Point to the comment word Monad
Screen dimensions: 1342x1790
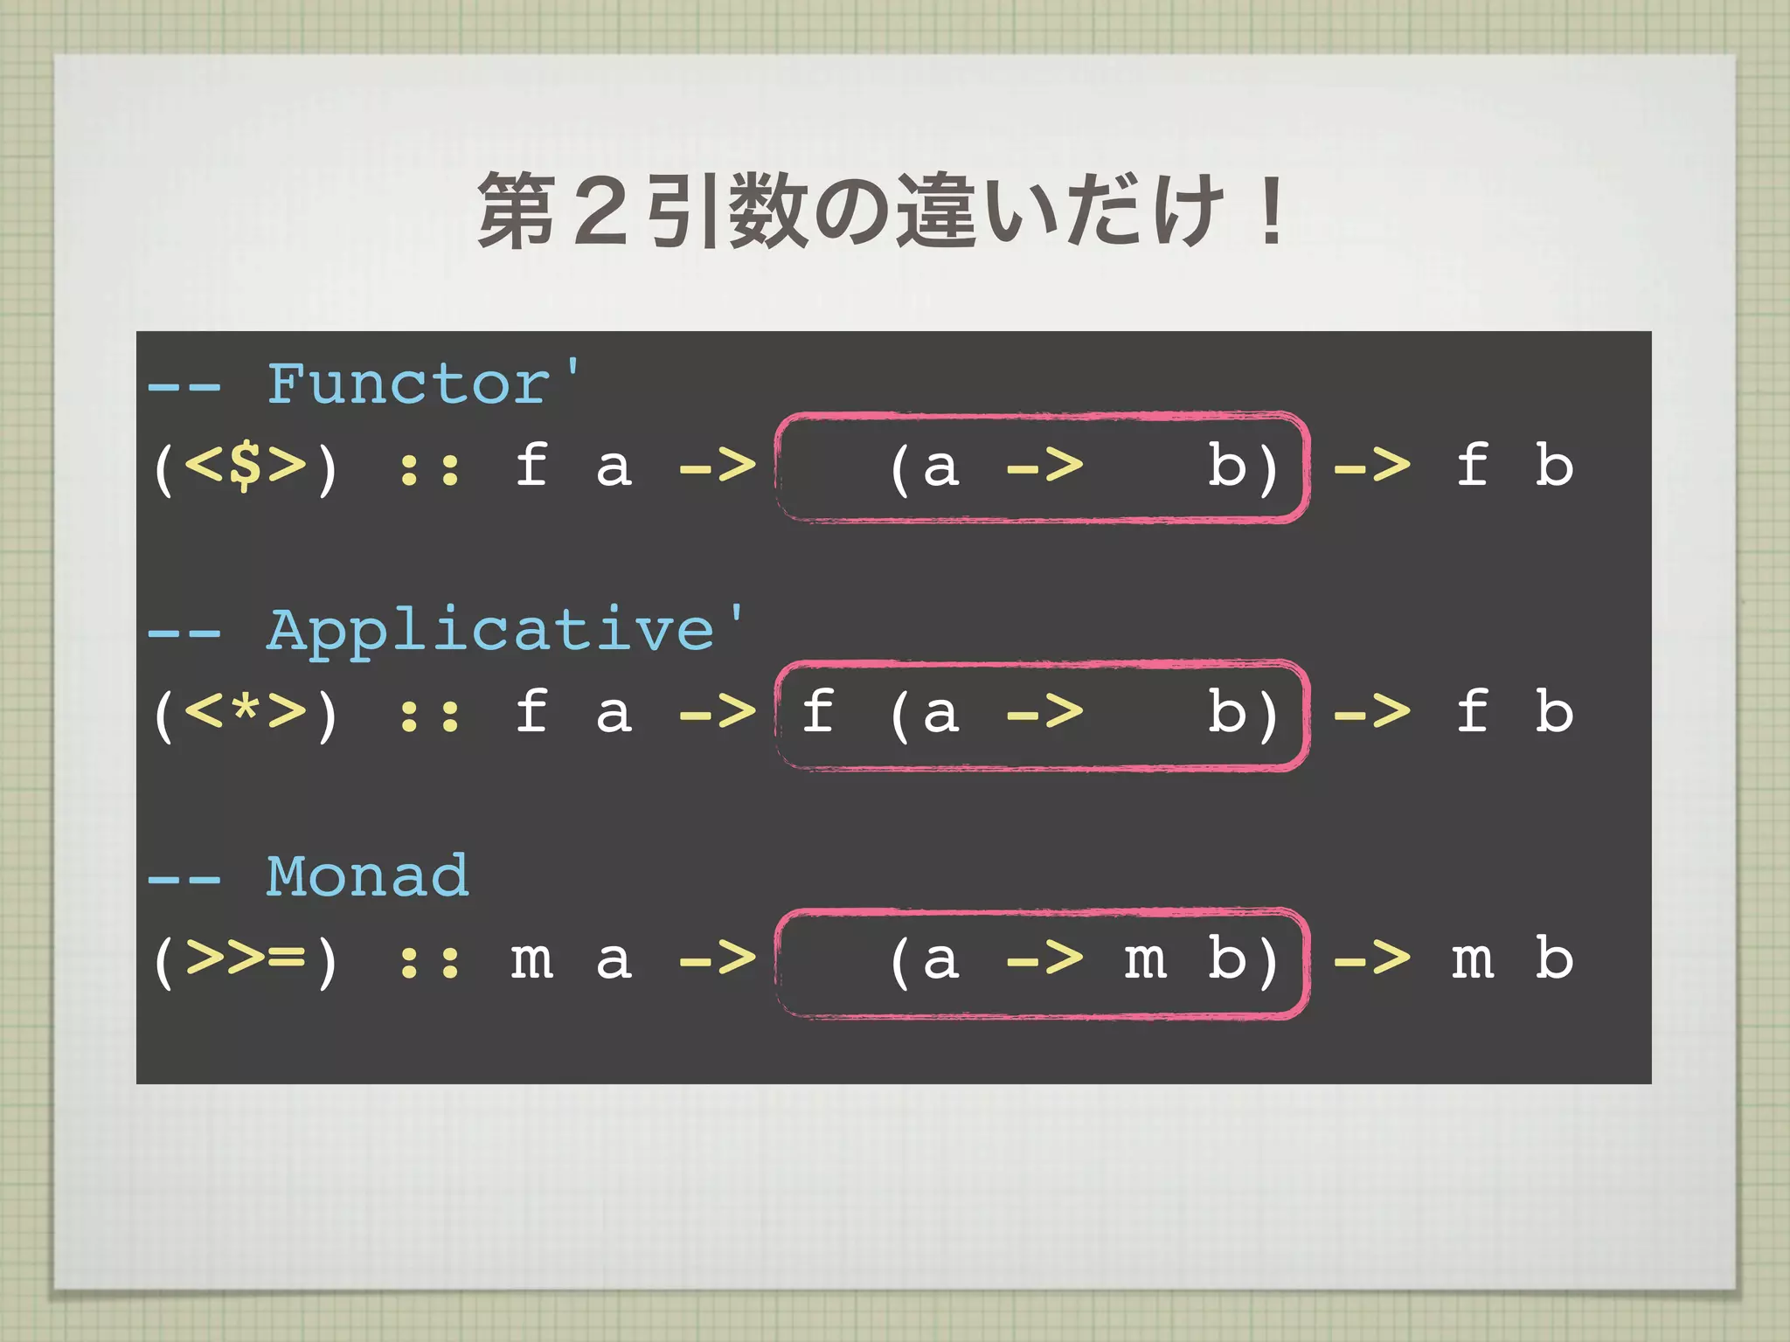pyautogui.click(x=368, y=876)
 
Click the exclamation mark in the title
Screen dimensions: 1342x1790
pyautogui.click(x=1272, y=211)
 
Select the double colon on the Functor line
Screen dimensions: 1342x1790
pyautogui.click(x=429, y=468)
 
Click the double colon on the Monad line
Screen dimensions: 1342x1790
pyautogui.click(x=429, y=962)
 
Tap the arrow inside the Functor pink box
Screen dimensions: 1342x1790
pyautogui.click(x=1044, y=467)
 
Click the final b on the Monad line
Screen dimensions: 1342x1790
pyautogui.click(x=1554, y=958)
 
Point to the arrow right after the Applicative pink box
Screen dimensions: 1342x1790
pyautogui.click(x=1371, y=713)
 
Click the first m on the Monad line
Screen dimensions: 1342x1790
pyautogui.click(x=531, y=960)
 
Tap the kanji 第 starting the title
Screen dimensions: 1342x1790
pyautogui.click(x=517, y=211)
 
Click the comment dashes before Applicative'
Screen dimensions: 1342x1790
pyautogui.click(x=184, y=633)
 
